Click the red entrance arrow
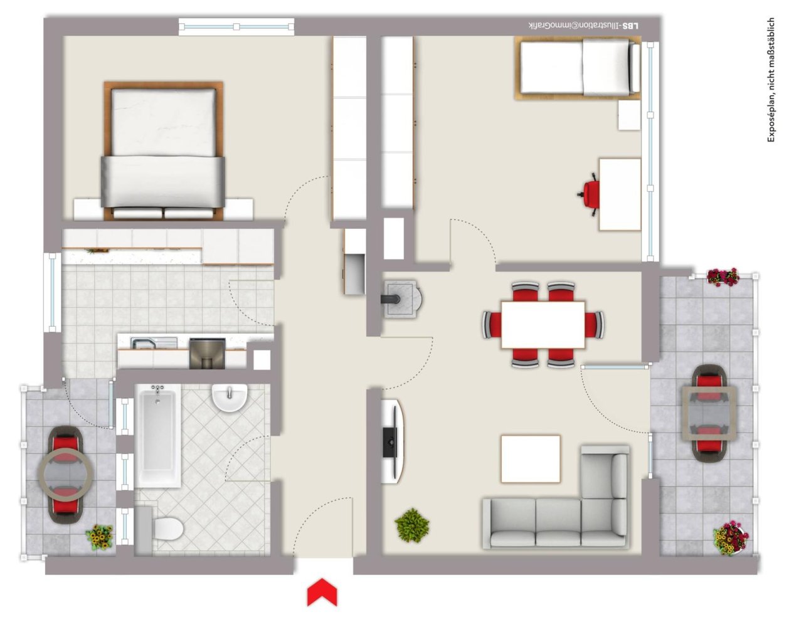(x=322, y=593)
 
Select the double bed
(x=163, y=150)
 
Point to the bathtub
(x=157, y=436)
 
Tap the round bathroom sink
(x=230, y=398)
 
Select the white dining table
(x=543, y=325)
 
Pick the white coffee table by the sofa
(x=530, y=459)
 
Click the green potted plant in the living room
(x=412, y=525)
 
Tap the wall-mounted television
(x=391, y=442)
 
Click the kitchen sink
(x=146, y=343)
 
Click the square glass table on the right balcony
(x=709, y=413)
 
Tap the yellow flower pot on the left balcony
(x=100, y=537)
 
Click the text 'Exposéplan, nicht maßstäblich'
(x=771, y=80)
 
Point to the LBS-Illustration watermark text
(x=584, y=26)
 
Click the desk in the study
(x=620, y=194)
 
